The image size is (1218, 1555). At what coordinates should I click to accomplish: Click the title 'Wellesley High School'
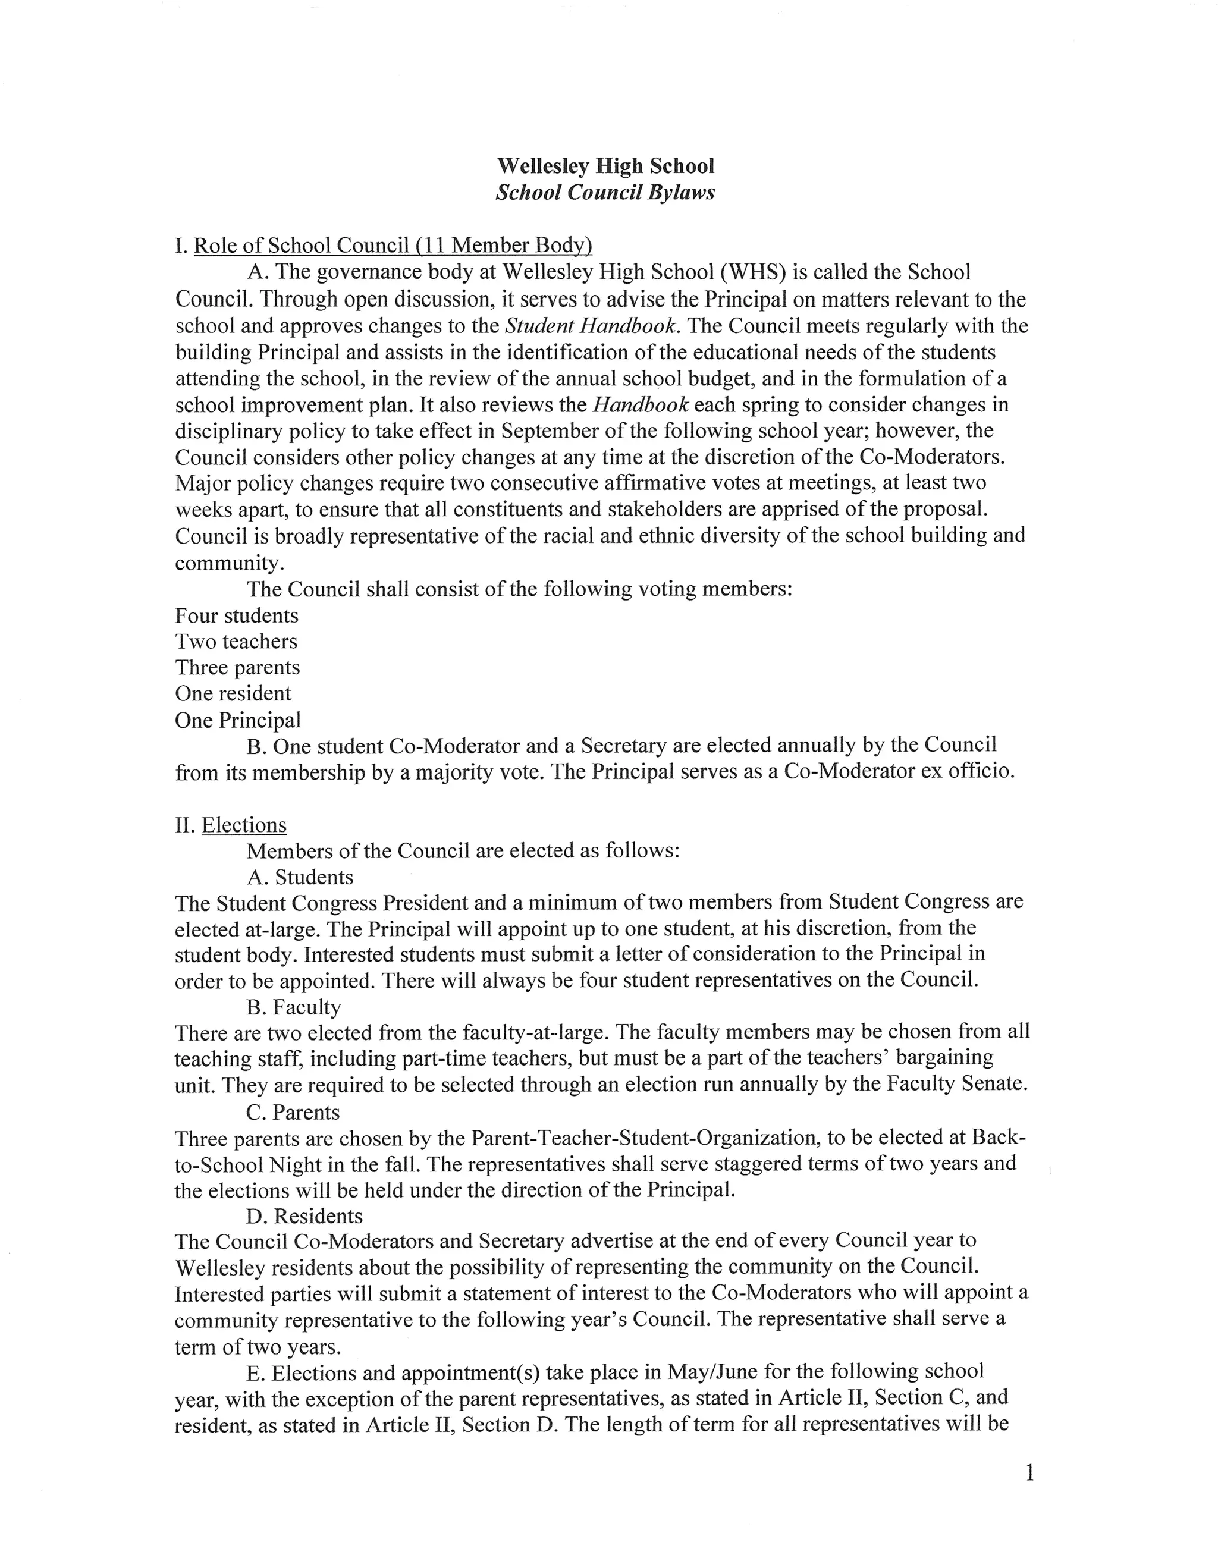pos(605,166)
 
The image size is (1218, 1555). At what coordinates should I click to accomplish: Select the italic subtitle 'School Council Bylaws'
pos(605,193)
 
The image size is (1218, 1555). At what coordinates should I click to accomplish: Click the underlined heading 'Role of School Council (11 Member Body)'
pos(393,246)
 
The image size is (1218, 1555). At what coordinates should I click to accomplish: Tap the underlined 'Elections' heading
pos(244,825)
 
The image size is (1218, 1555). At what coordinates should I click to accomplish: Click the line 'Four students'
pos(237,615)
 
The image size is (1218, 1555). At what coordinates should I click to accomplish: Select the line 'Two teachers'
pos(236,642)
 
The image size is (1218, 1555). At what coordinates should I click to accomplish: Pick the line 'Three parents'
pos(237,668)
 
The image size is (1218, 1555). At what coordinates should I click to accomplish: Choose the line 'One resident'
pos(233,694)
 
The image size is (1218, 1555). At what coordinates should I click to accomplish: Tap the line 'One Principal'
pos(238,720)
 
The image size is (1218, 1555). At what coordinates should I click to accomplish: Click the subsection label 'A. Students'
pos(300,877)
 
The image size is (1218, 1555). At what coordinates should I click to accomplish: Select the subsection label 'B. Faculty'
pos(294,1007)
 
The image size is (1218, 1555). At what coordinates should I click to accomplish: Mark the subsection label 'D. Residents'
pos(304,1215)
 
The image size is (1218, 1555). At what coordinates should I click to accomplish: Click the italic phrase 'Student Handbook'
pos(591,326)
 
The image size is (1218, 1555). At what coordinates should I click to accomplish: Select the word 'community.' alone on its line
pos(230,563)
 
